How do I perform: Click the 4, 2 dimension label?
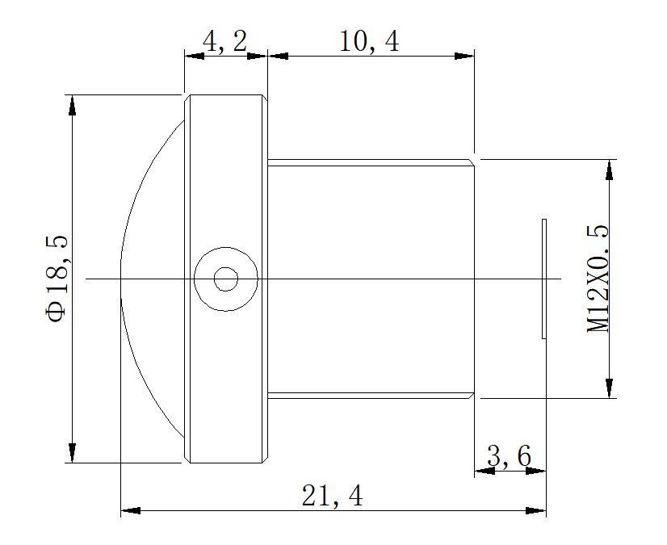(224, 41)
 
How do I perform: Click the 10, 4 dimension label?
(369, 41)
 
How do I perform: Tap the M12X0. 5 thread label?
(598, 279)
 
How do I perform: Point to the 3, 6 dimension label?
(509, 457)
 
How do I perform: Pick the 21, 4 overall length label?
(332, 496)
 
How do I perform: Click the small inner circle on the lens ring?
(226, 279)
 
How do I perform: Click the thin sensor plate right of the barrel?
(544, 279)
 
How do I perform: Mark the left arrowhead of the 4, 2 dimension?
(195, 56)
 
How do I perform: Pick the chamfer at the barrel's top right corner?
(471, 162)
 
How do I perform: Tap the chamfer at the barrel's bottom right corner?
(471, 396)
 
